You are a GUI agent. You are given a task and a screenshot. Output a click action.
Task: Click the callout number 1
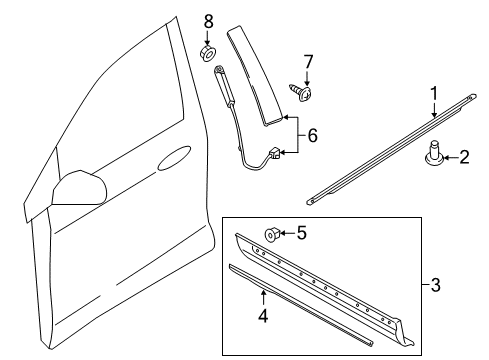(x=434, y=94)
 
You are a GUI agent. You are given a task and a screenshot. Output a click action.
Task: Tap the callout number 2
(x=464, y=157)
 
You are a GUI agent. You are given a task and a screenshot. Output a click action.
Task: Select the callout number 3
(x=435, y=285)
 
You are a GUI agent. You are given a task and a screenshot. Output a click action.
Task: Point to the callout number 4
(x=263, y=315)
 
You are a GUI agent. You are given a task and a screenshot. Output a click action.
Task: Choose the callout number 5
(x=301, y=233)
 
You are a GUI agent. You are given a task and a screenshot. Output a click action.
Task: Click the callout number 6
(x=312, y=135)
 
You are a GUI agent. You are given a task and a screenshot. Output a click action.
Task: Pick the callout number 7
(x=308, y=62)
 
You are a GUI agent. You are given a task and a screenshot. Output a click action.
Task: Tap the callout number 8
(x=208, y=22)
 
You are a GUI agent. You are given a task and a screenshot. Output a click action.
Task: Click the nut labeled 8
(x=208, y=53)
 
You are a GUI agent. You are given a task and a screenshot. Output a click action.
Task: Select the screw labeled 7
(x=301, y=92)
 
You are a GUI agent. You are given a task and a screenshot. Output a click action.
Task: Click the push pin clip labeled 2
(x=434, y=154)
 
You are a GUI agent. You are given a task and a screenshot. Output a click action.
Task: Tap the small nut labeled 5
(x=273, y=234)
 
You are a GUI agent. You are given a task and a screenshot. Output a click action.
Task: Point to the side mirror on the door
(x=79, y=188)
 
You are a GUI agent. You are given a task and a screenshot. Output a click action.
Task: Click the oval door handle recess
(x=174, y=158)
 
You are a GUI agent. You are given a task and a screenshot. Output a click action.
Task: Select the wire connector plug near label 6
(x=274, y=153)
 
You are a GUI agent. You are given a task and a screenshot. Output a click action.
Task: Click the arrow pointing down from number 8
(x=208, y=38)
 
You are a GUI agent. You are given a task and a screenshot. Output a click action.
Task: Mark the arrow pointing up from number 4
(x=263, y=298)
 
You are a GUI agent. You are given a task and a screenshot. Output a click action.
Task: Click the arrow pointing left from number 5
(x=288, y=233)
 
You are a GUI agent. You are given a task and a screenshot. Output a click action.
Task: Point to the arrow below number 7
(x=307, y=79)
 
